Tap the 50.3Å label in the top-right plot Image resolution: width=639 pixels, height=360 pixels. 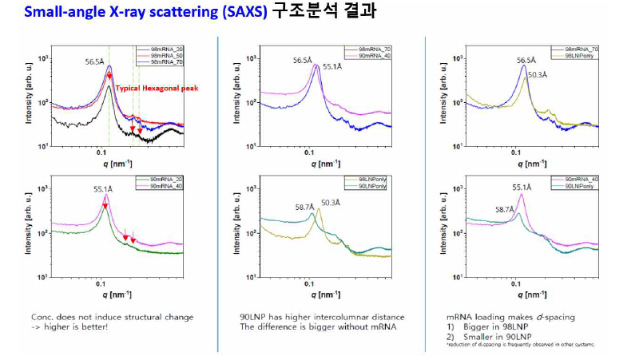(x=536, y=74)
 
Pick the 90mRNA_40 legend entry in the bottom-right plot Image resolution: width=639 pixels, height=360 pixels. (x=581, y=178)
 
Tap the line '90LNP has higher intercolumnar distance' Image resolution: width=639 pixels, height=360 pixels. (x=322, y=317)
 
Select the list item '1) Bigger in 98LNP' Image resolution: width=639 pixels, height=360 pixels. (x=482, y=326)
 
